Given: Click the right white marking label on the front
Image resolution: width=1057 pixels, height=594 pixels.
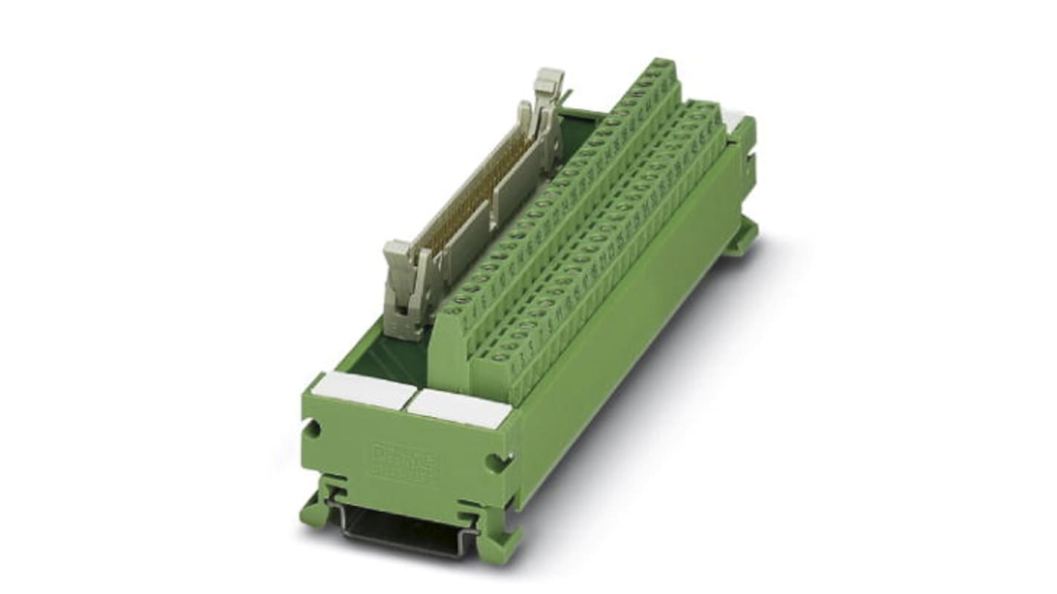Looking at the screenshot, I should [x=461, y=408].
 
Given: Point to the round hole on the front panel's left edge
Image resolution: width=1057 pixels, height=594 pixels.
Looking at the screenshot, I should [x=313, y=429].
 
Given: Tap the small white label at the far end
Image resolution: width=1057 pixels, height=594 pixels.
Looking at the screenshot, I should [x=734, y=119].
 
